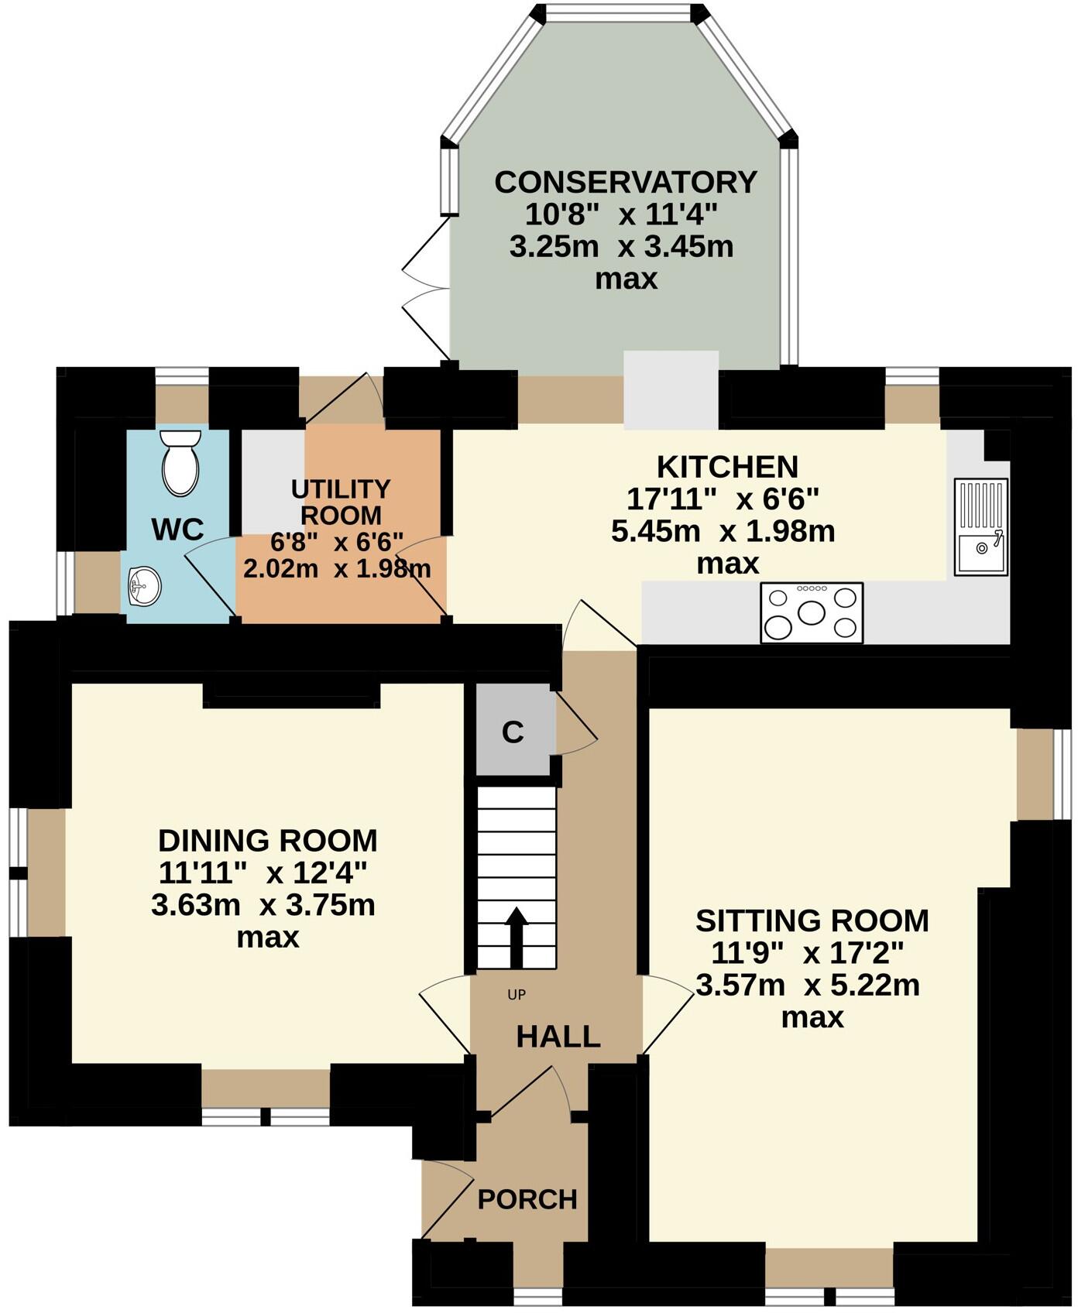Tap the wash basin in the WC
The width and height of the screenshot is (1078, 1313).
coord(144,585)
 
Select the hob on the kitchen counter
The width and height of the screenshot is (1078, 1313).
coord(812,612)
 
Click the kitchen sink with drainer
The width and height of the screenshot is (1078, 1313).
coord(981,526)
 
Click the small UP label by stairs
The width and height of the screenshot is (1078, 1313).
coord(517,995)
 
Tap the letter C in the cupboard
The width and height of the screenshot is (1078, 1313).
coord(513,732)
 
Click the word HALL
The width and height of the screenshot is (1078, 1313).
coord(558,1037)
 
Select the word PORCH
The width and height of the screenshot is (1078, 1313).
coord(527,1199)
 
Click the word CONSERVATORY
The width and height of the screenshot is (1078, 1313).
coord(626,182)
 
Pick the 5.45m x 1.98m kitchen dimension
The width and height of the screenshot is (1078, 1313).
coord(723,531)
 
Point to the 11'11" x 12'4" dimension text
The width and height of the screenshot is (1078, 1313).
coord(262,872)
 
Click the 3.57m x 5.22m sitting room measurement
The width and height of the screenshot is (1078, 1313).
coord(808,986)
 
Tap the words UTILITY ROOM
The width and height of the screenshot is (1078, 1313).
coord(341,502)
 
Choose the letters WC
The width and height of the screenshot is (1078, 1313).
coord(177,530)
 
